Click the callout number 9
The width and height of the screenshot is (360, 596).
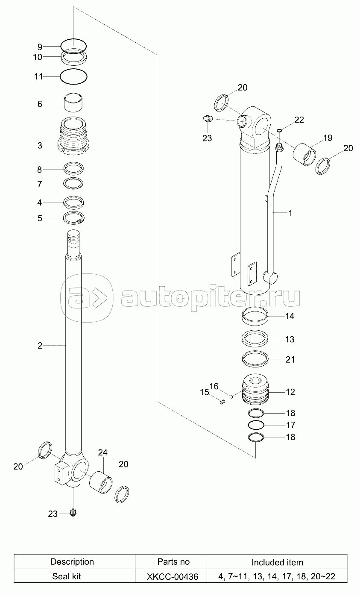point(40,47)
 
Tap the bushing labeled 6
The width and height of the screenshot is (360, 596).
point(73,103)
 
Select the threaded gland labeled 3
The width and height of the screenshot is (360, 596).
point(73,136)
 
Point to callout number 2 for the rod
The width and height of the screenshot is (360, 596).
point(40,346)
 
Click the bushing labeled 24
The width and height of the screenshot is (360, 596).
point(100,482)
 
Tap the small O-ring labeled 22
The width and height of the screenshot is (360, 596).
point(279,130)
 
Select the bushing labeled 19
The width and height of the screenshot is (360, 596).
point(304,154)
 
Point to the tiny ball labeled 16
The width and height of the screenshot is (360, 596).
point(231,397)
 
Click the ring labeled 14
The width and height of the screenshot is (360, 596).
point(255,316)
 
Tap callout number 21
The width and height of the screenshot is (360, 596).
point(290,359)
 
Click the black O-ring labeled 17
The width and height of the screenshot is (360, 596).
point(256,425)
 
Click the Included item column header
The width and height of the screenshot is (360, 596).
point(277,562)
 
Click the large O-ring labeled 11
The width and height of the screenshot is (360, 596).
point(73,76)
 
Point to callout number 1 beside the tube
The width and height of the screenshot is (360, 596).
point(290,213)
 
